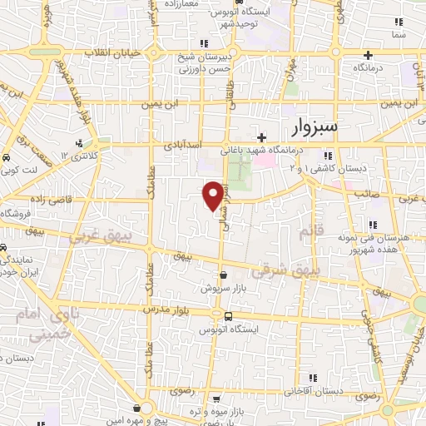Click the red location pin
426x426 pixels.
(213, 195)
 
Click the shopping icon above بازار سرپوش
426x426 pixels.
(222, 275)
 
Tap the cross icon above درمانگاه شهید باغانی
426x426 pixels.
(261, 137)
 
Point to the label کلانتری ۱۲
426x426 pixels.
(82, 156)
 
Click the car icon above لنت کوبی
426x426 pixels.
(7, 156)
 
